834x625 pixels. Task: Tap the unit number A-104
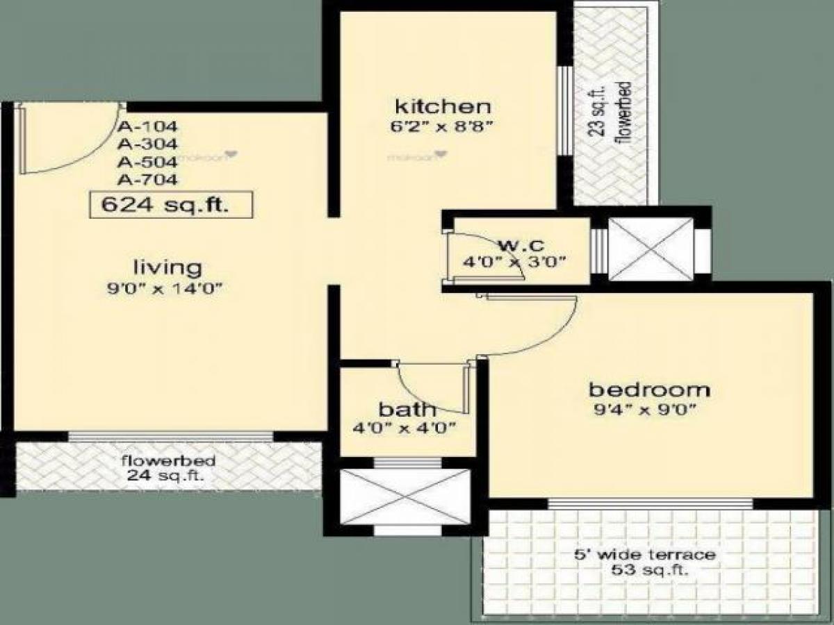[x=147, y=127]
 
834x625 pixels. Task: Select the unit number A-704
[x=147, y=181]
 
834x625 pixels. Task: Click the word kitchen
[x=443, y=107]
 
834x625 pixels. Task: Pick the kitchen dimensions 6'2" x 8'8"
[x=445, y=127]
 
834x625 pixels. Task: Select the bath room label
[x=407, y=408]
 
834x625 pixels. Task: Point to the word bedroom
[x=650, y=389]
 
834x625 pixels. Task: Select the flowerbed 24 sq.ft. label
[x=168, y=468]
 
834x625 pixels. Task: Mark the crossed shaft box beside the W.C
[x=651, y=249]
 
